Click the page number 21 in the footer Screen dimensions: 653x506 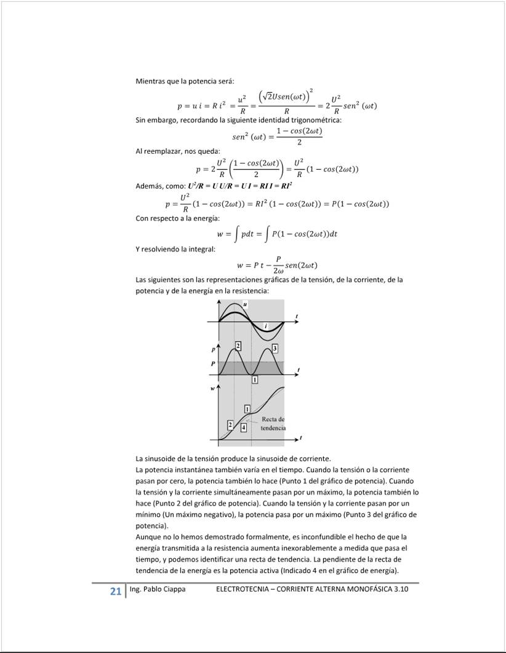[x=115, y=591]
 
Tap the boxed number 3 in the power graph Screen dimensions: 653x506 [x=275, y=349]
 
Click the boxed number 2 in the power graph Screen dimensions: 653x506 [x=238, y=347]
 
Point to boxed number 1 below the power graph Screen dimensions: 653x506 [x=255, y=381]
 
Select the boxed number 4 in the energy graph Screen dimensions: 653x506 [x=244, y=427]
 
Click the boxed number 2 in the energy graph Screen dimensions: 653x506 [x=230, y=424]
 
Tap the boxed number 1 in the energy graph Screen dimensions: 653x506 [x=247, y=409]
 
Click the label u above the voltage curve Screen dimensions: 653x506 [x=245, y=304]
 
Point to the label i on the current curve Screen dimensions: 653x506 [x=265, y=325]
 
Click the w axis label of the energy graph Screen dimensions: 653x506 [x=212, y=389]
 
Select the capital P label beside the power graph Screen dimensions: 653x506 [x=213, y=364]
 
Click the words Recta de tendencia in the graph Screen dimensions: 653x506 [x=273, y=423]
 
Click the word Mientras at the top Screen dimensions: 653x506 [x=151, y=82]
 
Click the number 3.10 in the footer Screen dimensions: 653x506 [x=400, y=589]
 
